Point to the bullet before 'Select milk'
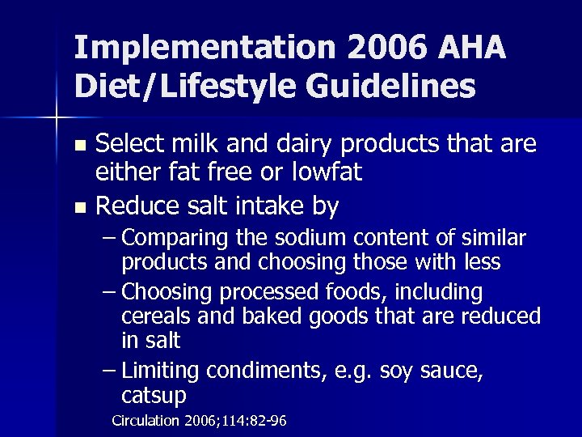pyautogui.click(x=79, y=146)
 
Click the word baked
pyautogui.click(x=258, y=316)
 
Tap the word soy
pyautogui.click(x=395, y=371)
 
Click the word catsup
pyautogui.click(x=154, y=397)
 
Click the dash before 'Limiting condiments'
pyautogui.click(x=110, y=371)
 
